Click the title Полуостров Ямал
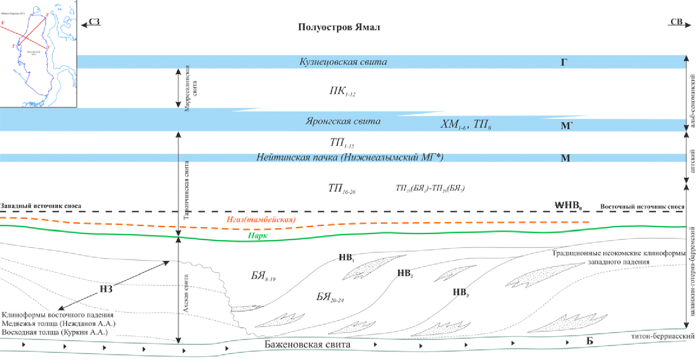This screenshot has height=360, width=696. [339, 27]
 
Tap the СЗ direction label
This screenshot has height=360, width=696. [94, 22]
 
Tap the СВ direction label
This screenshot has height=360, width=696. [676, 22]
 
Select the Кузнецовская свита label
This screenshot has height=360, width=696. [343, 62]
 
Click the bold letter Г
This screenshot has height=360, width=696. [564, 62]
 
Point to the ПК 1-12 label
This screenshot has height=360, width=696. [342, 91]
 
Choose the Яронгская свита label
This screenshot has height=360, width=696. [343, 121]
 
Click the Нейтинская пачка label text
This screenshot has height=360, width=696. [350, 157]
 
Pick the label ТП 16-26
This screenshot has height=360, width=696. [342, 188]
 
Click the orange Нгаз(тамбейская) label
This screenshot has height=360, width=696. [261, 219]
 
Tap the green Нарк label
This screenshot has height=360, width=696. [258, 235]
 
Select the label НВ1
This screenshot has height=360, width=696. [346, 257]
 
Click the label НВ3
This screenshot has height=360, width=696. [461, 292]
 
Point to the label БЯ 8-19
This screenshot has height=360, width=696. [263, 276]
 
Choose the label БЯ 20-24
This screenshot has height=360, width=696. [329, 298]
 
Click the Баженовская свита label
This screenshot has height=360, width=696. [307, 344]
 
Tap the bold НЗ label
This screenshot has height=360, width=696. [106, 289]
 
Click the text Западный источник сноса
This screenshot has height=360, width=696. [41, 206]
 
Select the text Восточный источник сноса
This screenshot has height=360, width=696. [642, 206]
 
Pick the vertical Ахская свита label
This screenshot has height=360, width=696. [186, 294]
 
